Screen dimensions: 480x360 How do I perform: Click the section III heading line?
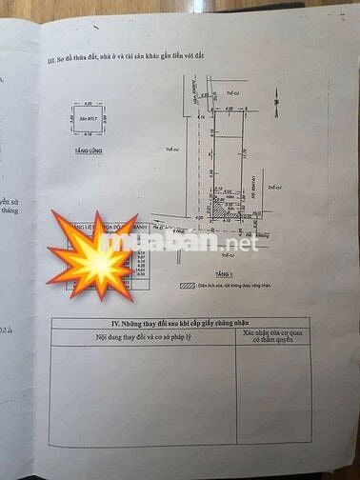(133, 59)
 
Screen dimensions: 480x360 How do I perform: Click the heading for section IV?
(182, 324)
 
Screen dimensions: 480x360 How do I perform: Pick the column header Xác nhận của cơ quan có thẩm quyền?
(274, 338)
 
